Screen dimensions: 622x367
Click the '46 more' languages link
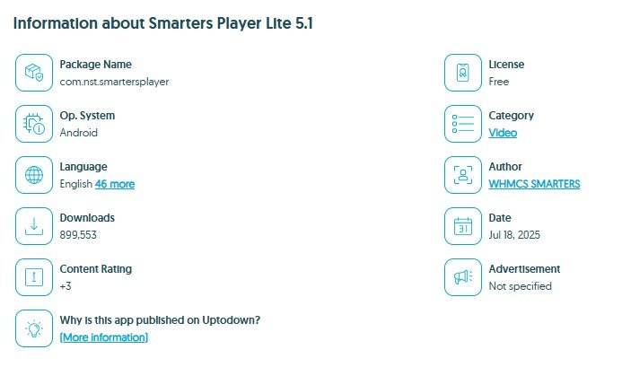[115, 184]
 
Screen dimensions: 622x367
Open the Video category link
[503, 133]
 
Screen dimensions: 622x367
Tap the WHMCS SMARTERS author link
[534, 184]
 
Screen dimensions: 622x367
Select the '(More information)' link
[104, 337]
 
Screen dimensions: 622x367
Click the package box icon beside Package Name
[34, 73]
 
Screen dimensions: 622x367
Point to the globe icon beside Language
[34, 175]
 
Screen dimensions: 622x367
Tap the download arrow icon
[34, 226]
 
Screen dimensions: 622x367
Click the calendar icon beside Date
[463, 226]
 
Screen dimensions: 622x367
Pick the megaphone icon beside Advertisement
[463, 277]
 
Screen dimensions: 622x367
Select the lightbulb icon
[34, 328]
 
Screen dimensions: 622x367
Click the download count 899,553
[78, 235]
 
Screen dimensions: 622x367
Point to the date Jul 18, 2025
[514, 235]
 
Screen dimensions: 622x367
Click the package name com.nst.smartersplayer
[114, 83]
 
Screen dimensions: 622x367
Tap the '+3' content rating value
[66, 286]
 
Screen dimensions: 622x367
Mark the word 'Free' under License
[499, 82]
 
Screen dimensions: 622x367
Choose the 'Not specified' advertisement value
[520, 286]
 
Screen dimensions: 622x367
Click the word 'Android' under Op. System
[79, 133]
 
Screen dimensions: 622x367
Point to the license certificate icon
[463, 73]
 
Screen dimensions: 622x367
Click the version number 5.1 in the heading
[304, 23]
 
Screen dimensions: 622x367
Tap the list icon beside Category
[463, 124]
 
